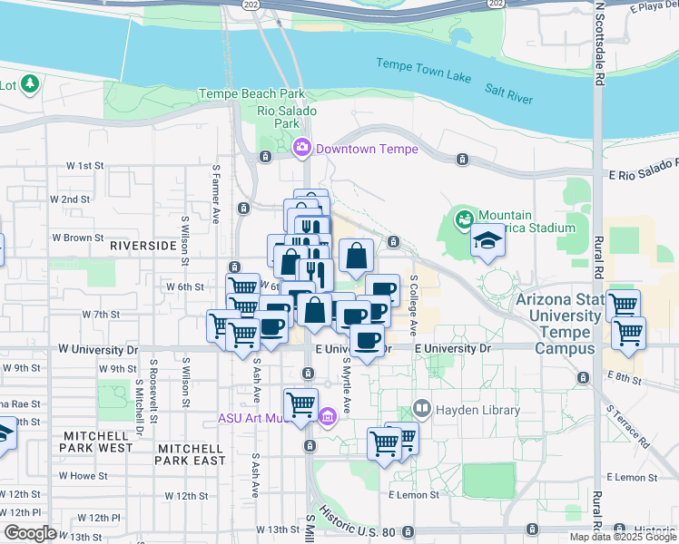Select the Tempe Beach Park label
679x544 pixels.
251,94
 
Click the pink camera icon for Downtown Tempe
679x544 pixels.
302,147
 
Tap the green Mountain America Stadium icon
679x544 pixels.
465,219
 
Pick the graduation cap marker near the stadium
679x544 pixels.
487,241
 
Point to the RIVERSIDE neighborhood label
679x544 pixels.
142,246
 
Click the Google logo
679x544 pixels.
30,533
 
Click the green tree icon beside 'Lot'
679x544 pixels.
30,84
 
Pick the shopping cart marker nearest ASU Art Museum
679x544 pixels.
300,403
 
